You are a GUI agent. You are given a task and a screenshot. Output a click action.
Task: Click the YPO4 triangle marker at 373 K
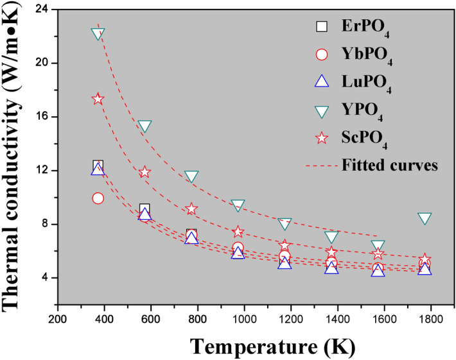click(x=98, y=34)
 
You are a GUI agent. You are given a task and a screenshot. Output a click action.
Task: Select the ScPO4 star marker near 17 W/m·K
click(x=98, y=99)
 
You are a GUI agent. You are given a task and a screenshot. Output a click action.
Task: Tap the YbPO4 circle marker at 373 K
click(x=98, y=198)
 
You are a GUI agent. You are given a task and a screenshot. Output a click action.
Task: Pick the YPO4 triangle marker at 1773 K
click(x=425, y=218)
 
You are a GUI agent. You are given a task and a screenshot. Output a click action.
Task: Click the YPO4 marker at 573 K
click(x=145, y=126)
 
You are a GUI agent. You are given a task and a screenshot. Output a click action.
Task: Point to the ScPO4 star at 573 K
click(x=145, y=171)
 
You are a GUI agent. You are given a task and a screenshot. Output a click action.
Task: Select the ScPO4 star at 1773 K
click(x=425, y=260)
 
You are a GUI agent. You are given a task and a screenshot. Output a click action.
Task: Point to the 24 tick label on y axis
click(x=45, y=9)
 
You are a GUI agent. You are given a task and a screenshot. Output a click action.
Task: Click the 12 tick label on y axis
click(x=45, y=170)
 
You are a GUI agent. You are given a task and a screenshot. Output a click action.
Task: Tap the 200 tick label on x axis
click(x=58, y=318)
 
